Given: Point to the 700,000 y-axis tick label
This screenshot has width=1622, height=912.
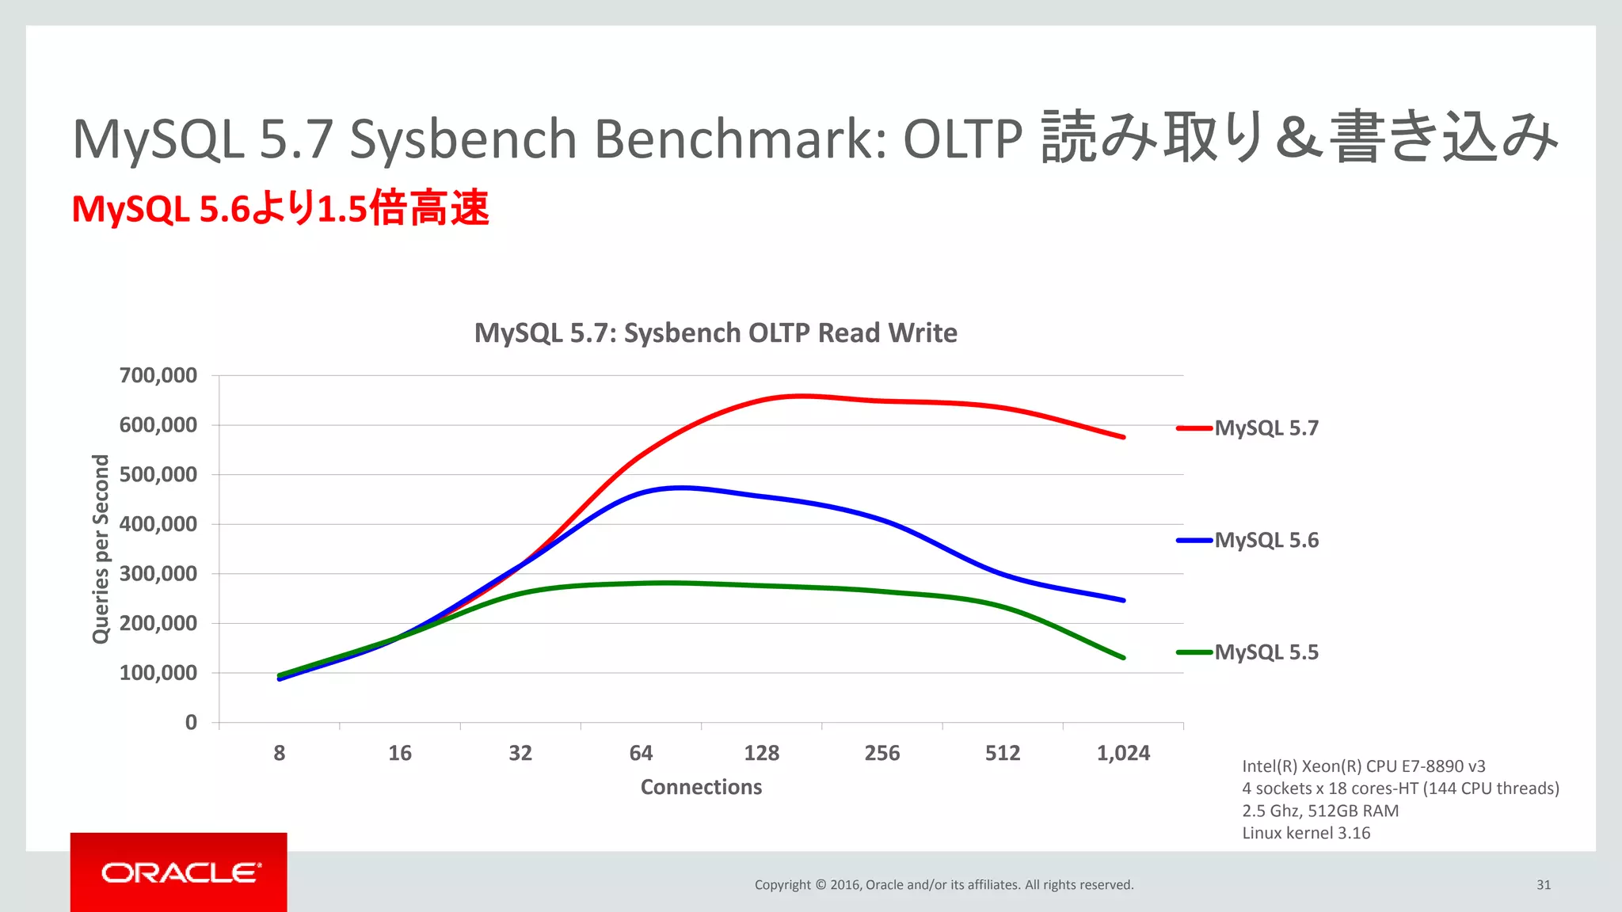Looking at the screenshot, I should click(158, 375).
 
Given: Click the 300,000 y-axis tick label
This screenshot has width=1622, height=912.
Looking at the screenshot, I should click(158, 574).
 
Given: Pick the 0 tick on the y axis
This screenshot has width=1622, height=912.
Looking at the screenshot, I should click(191, 722).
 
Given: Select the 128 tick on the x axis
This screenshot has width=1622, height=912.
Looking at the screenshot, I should click(761, 753).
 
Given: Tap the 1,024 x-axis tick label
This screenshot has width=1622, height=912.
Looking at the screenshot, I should click(1123, 753).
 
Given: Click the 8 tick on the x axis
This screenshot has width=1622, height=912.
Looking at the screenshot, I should click(280, 753).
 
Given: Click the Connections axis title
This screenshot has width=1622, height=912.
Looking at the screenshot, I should click(701, 787).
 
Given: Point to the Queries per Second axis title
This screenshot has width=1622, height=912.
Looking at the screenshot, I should click(101, 549).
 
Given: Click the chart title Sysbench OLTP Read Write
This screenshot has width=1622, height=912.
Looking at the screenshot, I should click(715, 332).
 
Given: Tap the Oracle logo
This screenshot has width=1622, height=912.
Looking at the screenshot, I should click(180, 872).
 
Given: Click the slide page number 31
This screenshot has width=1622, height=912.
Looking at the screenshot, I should click(1544, 885).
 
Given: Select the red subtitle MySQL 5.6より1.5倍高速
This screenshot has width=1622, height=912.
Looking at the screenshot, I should click(280, 209).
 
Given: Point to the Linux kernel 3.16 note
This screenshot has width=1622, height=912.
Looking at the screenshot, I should click(1306, 833).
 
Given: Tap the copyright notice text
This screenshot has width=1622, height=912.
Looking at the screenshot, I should click(944, 885).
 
